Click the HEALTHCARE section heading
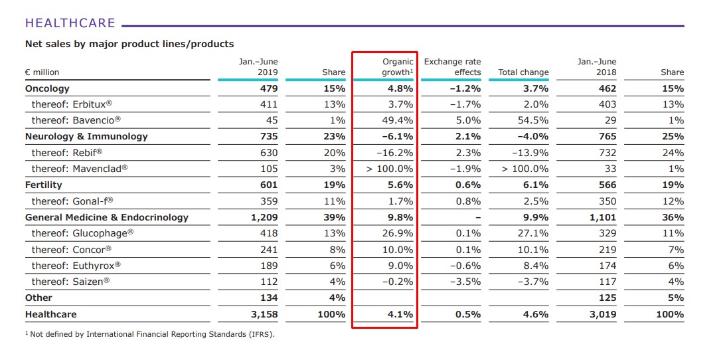(x=70, y=23)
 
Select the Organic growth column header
(x=397, y=67)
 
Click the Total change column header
(x=523, y=72)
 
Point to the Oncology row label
(x=47, y=88)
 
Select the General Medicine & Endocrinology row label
(x=107, y=217)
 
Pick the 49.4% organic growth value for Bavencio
(x=398, y=120)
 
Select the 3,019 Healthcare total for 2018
(x=602, y=314)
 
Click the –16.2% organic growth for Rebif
(x=397, y=153)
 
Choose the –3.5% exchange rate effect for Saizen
(x=465, y=282)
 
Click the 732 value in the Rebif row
(x=607, y=153)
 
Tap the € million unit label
(x=42, y=72)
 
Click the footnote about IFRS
(x=149, y=334)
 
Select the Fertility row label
(x=44, y=185)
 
